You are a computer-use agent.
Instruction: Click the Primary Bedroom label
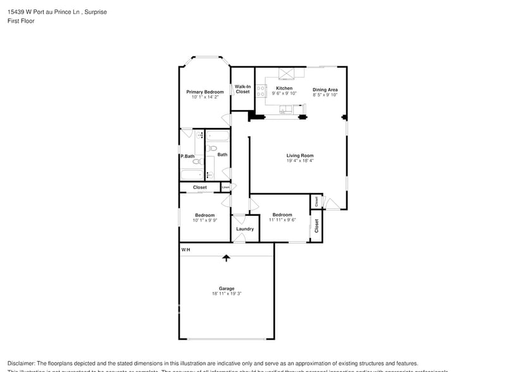(204, 92)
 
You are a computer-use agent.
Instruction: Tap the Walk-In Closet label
(242, 89)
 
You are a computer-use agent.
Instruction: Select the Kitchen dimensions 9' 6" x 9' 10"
(284, 94)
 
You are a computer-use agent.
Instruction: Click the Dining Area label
(325, 89)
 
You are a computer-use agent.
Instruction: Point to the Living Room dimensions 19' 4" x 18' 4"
(299, 161)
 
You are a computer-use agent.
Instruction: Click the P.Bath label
(187, 156)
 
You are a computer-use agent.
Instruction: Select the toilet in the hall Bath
(212, 148)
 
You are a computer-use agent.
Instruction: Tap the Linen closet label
(225, 187)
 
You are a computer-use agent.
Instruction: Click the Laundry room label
(245, 229)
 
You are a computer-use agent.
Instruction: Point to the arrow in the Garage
(226, 257)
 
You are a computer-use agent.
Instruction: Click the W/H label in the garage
(185, 251)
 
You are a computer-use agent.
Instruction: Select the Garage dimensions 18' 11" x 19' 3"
(227, 294)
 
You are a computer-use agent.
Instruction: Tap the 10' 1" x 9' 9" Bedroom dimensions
(204, 220)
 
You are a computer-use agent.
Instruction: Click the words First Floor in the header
(22, 21)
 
